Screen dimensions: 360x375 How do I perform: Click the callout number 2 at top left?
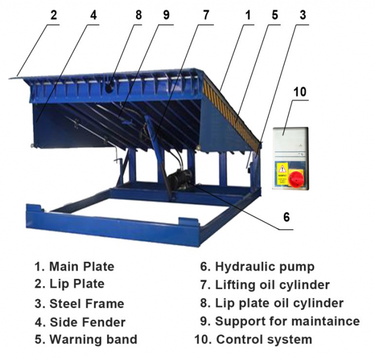53,15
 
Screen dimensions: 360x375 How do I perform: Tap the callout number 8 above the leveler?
138,15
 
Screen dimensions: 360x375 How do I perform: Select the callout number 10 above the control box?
299,91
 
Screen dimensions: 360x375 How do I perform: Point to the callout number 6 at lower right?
286,217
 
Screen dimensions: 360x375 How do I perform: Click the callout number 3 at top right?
302,15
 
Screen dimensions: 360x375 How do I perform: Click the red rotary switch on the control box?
297,177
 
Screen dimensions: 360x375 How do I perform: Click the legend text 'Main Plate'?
82,267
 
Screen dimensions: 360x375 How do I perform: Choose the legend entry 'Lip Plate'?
77,284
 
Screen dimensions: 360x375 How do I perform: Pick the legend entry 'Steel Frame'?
87,304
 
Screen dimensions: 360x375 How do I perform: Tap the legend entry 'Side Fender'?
87,322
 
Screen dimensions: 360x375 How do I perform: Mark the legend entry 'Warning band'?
93,340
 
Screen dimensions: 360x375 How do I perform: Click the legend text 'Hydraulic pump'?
265,267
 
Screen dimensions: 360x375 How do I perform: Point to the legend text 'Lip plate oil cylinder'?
279,303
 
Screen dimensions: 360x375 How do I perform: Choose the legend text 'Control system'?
264,340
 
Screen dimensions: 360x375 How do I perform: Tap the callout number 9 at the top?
166,15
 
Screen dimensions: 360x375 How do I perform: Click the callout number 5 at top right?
275,15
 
